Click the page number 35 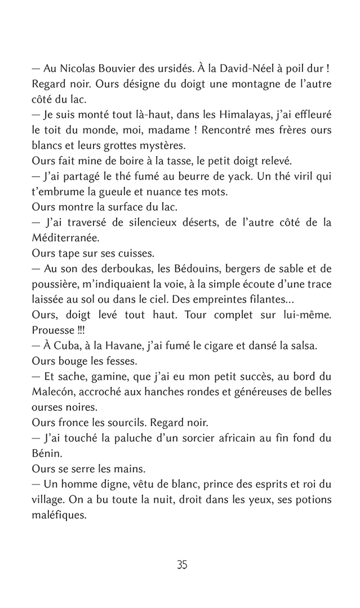click(x=181, y=565)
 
